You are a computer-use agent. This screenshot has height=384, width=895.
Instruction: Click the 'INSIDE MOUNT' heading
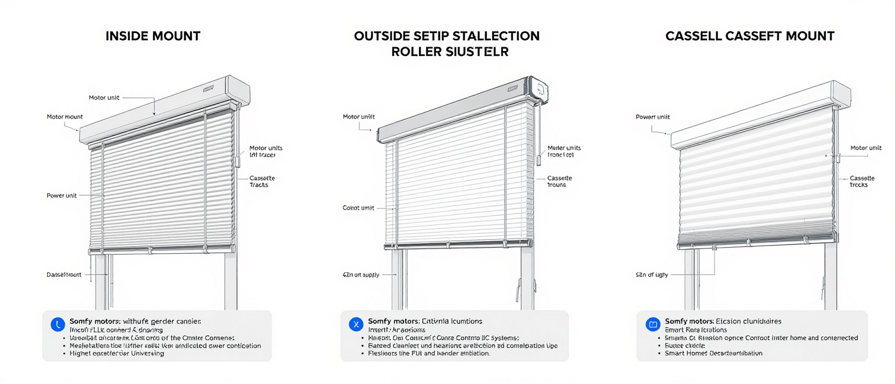click(x=153, y=36)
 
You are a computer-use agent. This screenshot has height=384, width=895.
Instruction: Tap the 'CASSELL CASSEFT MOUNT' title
click(x=749, y=36)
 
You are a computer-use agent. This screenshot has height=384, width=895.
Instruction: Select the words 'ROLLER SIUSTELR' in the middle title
click(x=450, y=51)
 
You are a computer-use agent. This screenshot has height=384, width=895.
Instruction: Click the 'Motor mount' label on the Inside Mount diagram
click(x=64, y=117)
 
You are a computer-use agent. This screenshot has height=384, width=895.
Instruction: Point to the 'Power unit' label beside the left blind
click(x=62, y=195)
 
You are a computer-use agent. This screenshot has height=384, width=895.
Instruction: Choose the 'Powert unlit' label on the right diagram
click(x=652, y=117)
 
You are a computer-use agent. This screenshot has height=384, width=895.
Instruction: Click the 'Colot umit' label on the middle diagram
click(x=358, y=208)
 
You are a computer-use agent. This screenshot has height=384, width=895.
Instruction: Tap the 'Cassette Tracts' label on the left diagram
click(x=262, y=181)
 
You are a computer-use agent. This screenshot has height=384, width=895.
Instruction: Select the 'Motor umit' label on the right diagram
click(x=865, y=148)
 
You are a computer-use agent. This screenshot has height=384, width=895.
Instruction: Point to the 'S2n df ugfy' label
click(x=651, y=275)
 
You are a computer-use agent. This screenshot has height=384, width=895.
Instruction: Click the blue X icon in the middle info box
click(x=356, y=325)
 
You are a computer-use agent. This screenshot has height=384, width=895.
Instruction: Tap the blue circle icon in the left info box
click(x=58, y=325)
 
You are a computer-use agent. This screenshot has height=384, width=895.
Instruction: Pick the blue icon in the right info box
click(x=652, y=325)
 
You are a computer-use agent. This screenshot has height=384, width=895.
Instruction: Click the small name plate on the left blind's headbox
click(x=207, y=89)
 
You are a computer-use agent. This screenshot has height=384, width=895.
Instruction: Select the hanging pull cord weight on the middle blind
click(x=538, y=158)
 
